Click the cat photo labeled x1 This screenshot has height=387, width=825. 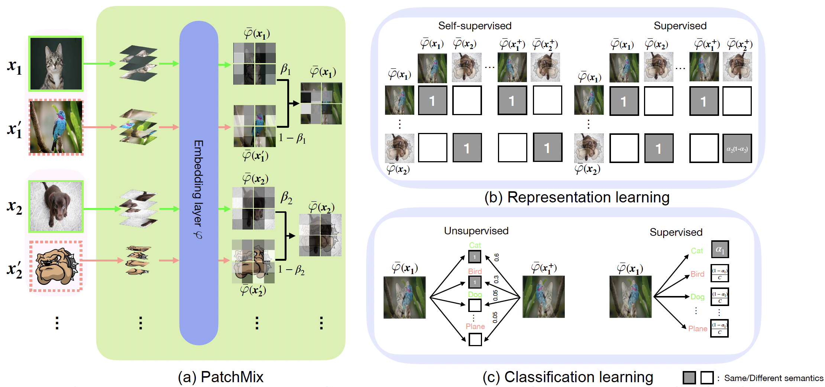[56, 64]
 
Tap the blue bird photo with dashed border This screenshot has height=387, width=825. [56, 127]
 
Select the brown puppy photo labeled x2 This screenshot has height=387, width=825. [56, 206]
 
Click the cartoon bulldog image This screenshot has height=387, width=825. [56, 266]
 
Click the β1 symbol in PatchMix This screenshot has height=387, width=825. [285, 69]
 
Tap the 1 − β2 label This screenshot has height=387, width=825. [291, 270]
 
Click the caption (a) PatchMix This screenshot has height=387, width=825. [220, 377]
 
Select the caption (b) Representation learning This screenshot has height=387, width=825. [577, 197]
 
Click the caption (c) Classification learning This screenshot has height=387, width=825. [567, 377]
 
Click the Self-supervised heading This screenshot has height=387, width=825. [475, 26]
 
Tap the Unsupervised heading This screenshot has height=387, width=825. [476, 231]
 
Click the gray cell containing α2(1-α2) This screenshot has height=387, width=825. [737, 149]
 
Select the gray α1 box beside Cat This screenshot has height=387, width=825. [720, 249]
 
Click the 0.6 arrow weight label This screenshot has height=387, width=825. [497, 257]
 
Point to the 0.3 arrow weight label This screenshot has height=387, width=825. [496, 279]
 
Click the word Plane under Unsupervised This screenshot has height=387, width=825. [475, 326]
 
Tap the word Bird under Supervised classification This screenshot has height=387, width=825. [697, 274]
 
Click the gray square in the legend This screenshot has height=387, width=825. [689, 378]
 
